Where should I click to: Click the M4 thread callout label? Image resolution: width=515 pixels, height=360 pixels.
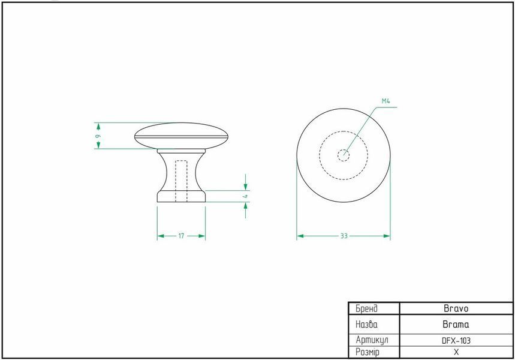[386, 101]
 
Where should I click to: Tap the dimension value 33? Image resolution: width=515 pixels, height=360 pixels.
[344, 236]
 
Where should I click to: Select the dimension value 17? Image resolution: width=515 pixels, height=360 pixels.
[181, 236]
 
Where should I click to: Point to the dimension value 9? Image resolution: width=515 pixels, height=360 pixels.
[98, 136]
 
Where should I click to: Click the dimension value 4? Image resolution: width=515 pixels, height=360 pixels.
[246, 196]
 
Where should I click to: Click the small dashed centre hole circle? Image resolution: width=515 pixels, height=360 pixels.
[344, 155]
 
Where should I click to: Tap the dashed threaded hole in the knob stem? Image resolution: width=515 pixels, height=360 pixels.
[181, 181]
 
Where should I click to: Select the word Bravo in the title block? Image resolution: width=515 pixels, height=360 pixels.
[456, 308]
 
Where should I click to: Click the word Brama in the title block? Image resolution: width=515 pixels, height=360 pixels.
[456, 325]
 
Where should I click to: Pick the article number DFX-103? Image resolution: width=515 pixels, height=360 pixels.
[456, 341]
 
